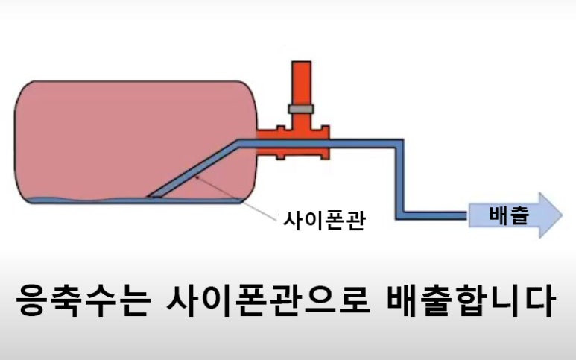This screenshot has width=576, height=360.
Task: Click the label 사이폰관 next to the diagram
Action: point(323,221)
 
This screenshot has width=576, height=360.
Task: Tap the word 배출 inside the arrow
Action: point(509,216)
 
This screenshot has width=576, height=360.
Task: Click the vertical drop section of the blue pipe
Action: point(399,179)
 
